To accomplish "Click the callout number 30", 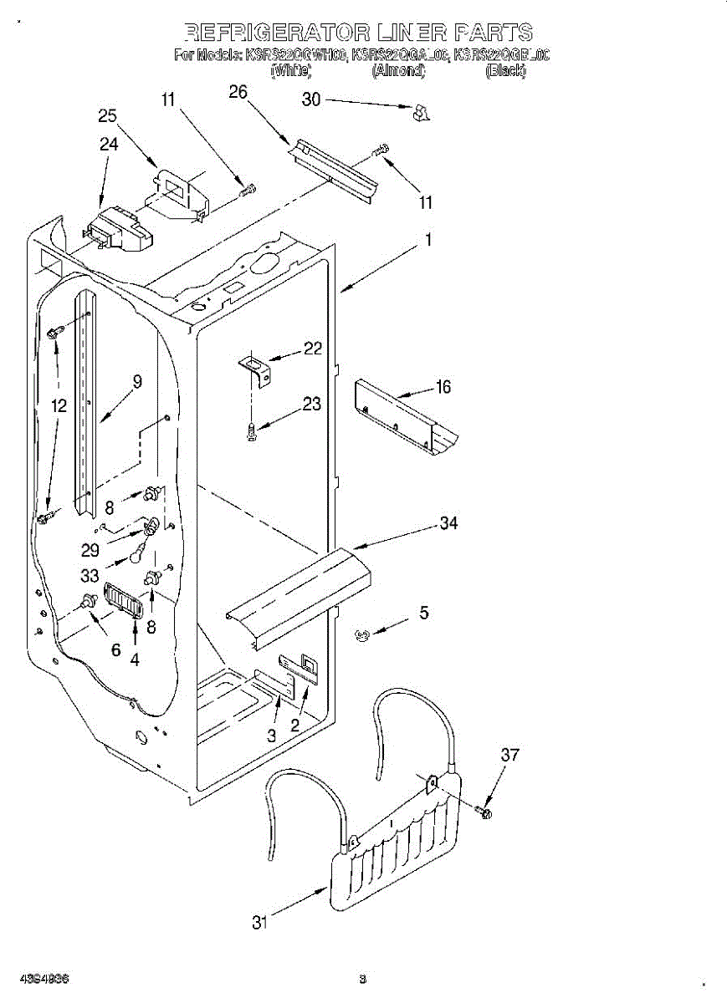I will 311,99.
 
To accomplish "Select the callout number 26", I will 238,92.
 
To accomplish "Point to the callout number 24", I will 109,144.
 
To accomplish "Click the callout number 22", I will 313,349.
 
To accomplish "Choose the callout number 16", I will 443,386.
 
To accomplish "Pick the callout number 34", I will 449,523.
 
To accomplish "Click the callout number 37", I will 509,755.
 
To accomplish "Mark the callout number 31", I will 260,923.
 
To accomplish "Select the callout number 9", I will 137,381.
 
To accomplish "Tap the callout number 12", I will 58,407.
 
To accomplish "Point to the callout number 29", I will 90,551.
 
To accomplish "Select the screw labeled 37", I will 484,811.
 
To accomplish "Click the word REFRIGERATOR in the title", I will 275,33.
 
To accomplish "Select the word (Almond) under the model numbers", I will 398,72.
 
